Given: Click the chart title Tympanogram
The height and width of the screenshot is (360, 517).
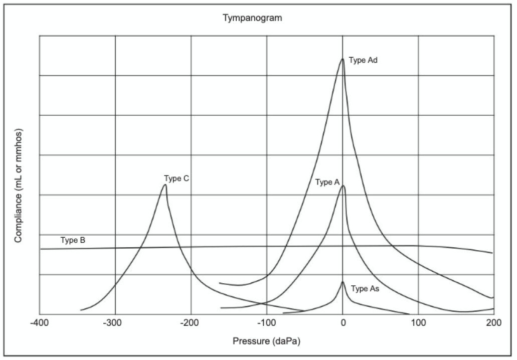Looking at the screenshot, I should tap(252, 18).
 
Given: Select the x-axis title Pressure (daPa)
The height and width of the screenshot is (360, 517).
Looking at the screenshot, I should tap(266, 341).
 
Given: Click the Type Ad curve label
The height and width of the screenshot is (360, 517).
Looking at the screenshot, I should tap(363, 60).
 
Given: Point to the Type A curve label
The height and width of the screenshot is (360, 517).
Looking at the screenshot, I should tap(327, 182).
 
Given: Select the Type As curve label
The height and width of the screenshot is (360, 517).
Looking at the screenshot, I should tap(365, 289).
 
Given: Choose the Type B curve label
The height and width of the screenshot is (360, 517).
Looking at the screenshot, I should tap(73, 240).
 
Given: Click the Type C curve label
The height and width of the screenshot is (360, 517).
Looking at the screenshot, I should tap(176, 178).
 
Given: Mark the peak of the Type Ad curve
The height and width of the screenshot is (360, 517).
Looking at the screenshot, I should tap(342, 59).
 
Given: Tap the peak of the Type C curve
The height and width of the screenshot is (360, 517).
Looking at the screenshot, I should tap(164, 185).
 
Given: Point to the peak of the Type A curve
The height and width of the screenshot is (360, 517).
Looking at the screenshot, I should tap(343, 186).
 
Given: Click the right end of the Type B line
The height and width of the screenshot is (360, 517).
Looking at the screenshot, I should tap(492, 253).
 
